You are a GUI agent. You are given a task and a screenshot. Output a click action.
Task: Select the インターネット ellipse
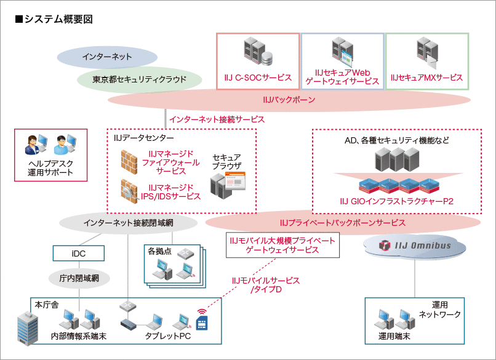point(107,57)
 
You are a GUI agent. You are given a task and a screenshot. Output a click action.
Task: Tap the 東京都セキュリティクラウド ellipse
point(140,79)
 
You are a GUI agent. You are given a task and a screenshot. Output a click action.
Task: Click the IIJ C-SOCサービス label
point(258,78)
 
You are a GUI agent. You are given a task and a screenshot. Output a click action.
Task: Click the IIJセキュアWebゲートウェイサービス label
point(342,76)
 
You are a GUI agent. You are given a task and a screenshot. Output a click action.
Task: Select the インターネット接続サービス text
point(217,119)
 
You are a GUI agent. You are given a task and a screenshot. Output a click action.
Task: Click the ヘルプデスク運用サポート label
point(50,168)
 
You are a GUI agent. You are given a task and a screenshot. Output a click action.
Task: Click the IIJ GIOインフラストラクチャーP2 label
point(396,201)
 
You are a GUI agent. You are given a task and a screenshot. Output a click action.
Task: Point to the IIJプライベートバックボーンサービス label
point(342,222)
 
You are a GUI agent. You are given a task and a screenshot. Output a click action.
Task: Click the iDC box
point(78,252)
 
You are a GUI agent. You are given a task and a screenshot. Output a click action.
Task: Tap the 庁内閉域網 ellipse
point(79,278)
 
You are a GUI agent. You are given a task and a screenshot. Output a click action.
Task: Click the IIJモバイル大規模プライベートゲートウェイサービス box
point(282,245)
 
